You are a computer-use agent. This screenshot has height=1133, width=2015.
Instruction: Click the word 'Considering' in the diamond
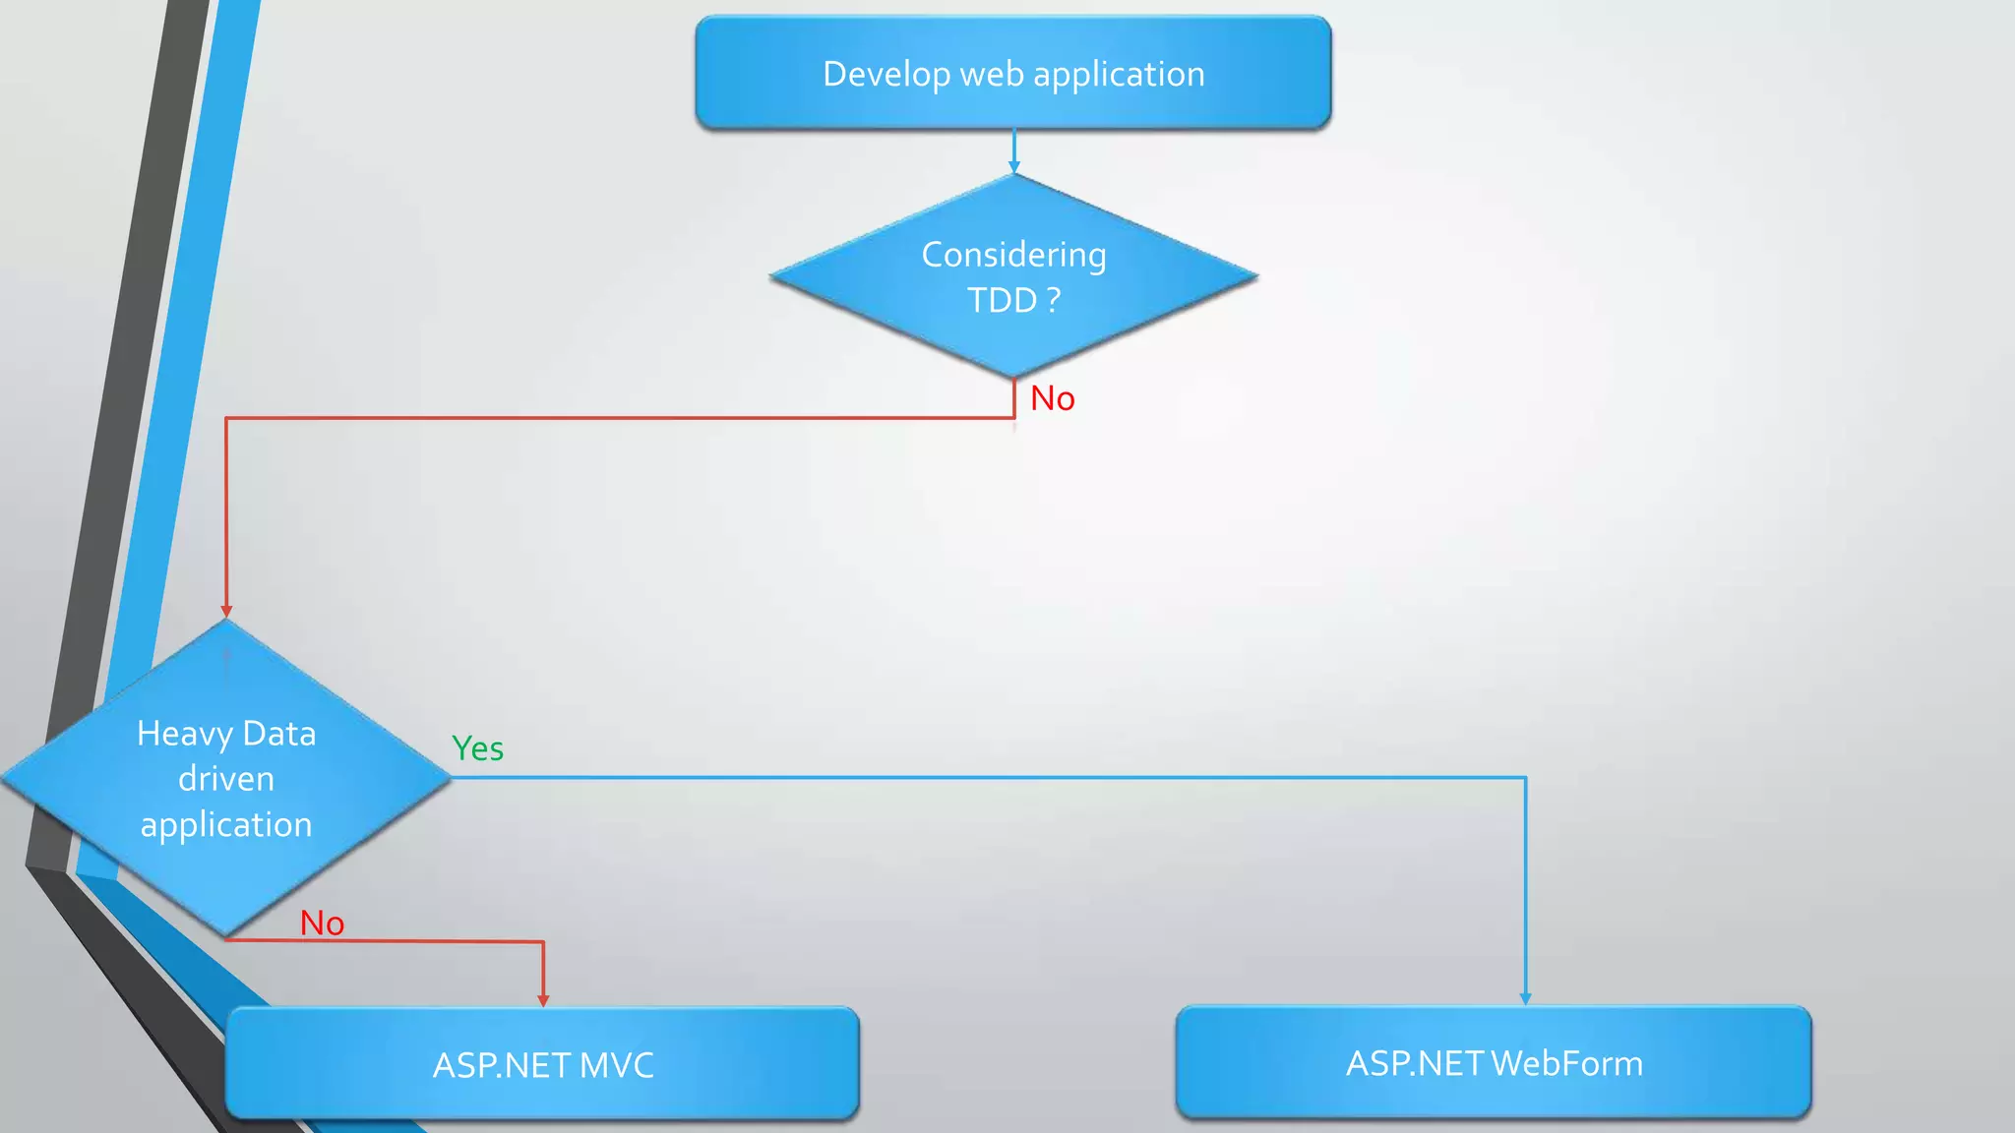[1013, 255]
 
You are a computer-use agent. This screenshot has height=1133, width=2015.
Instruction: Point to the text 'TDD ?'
[1013, 300]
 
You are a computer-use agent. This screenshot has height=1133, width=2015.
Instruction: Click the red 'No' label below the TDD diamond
[1052, 398]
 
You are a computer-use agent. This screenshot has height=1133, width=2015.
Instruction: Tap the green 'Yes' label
[477, 748]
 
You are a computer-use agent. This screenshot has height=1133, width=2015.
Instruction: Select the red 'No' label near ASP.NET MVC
[322, 923]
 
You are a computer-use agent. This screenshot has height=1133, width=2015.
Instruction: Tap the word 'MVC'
[616, 1065]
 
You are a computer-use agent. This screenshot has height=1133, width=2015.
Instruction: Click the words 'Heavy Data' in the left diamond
[226, 734]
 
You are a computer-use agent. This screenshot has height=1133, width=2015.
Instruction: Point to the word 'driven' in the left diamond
[226, 779]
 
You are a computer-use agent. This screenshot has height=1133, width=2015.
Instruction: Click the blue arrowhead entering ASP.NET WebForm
[1525, 998]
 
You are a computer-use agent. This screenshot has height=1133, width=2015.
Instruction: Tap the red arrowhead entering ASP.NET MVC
[543, 1000]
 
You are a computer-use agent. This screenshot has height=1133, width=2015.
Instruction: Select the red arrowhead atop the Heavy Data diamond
[226, 611]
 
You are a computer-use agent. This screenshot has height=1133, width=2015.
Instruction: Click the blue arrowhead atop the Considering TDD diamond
[1013, 167]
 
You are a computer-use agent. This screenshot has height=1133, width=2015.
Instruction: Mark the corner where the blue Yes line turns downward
[1525, 778]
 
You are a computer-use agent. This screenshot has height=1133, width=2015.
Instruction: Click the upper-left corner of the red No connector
[226, 418]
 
